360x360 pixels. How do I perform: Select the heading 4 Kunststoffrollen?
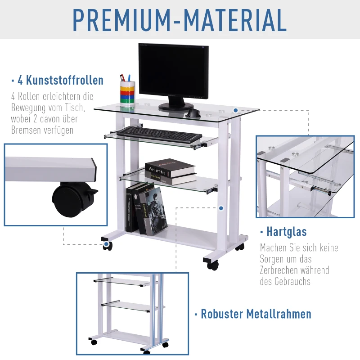[60, 81]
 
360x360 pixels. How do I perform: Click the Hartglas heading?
[286, 232]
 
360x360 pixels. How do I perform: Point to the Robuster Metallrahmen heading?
[256, 314]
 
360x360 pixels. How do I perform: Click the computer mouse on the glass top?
[193, 113]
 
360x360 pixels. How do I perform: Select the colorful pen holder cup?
[127, 93]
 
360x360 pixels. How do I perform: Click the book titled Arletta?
[170, 167]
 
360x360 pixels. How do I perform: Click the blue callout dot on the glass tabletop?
[235, 110]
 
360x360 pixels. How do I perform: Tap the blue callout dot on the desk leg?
[221, 208]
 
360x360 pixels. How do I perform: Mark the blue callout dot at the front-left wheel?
[107, 245]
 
